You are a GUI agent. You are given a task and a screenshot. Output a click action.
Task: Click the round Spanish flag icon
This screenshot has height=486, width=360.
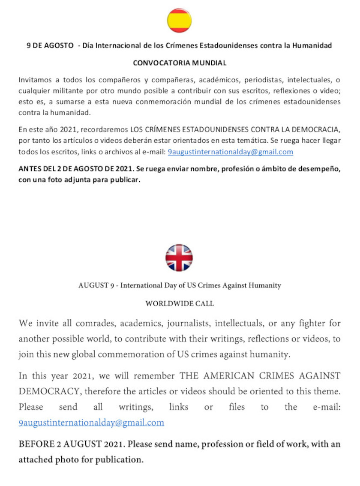click(x=179, y=21)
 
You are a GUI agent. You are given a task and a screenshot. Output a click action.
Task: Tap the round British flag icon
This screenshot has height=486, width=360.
click(x=179, y=258)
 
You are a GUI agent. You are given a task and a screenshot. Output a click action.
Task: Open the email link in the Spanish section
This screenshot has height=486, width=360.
click(x=230, y=152)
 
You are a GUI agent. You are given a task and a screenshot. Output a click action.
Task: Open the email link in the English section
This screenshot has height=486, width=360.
click(x=91, y=423)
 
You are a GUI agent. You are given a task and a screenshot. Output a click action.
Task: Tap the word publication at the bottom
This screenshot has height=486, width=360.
click(x=118, y=460)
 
